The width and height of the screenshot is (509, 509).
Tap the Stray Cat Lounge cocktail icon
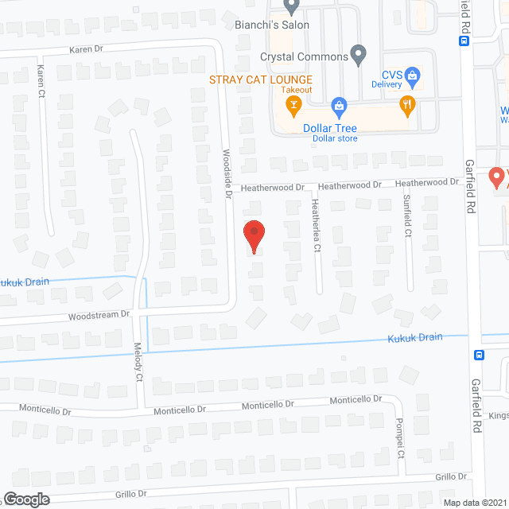click(x=293, y=105)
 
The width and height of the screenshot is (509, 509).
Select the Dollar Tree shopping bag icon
click(x=339, y=105)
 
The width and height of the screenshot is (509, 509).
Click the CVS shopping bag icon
click(x=412, y=76)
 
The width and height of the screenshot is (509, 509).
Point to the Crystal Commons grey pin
click(x=359, y=56)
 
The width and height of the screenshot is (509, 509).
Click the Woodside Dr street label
click(x=227, y=174)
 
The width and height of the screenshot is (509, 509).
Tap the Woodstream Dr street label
click(x=99, y=315)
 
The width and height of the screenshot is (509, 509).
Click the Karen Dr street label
click(x=87, y=49)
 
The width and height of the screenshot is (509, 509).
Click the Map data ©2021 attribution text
click(x=473, y=503)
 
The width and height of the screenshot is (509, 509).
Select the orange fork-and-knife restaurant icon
click(x=408, y=105)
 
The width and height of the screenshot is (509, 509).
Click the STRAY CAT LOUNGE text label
click(x=261, y=80)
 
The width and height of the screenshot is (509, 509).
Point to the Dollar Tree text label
click(x=330, y=128)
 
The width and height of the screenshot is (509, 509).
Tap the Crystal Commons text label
click(x=305, y=57)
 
